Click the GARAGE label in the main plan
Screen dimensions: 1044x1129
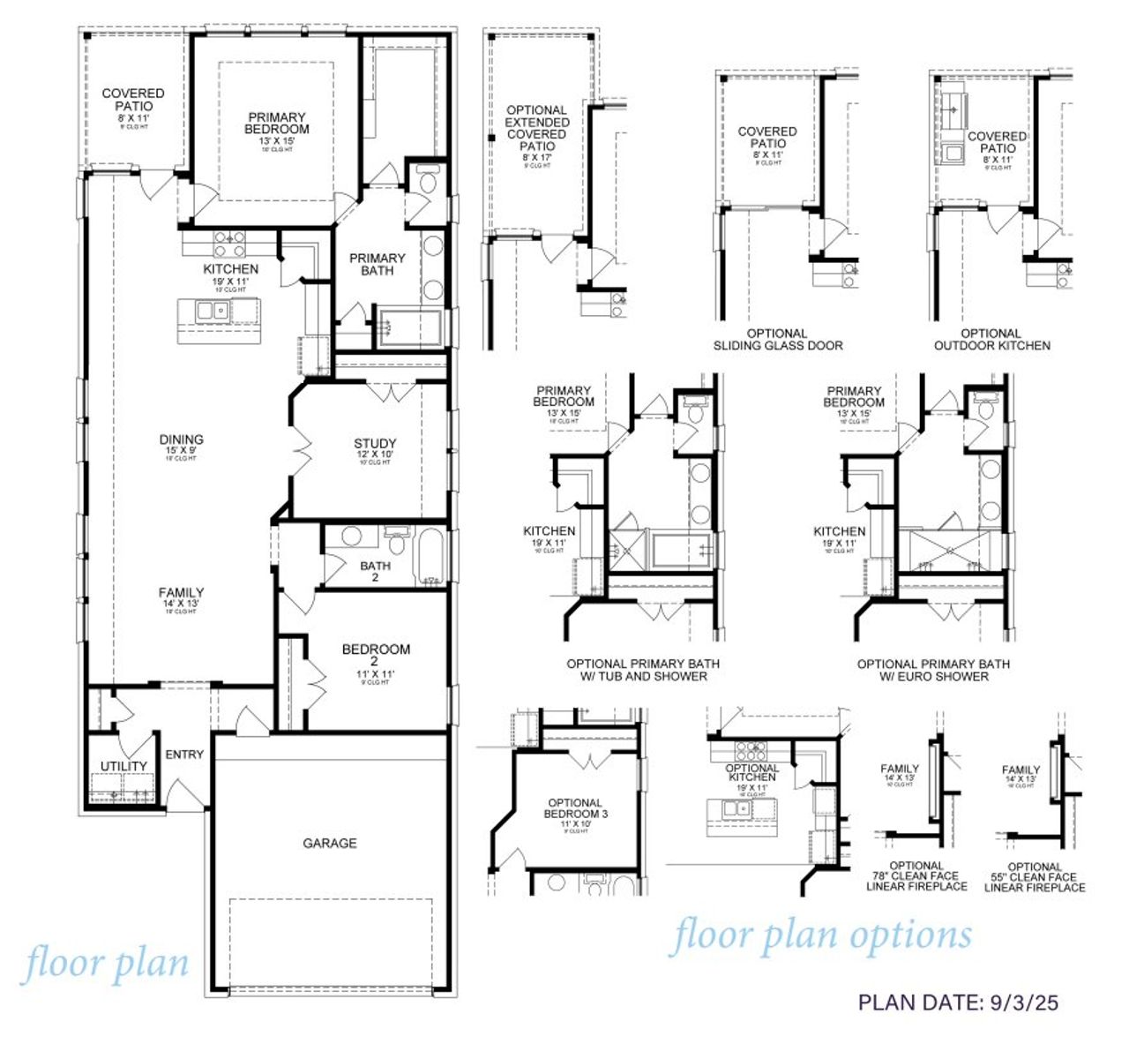click(330, 843)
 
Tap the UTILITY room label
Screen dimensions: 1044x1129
click(123, 765)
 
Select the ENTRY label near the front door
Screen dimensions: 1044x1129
click(184, 755)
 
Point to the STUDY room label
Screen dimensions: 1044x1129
click(375, 444)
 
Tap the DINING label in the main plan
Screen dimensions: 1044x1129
click(182, 439)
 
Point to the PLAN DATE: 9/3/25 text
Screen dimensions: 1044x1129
click(958, 1002)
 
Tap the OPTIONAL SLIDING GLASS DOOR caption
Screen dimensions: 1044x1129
click(778, 340)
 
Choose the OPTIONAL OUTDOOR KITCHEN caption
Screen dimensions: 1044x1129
click(992, 340)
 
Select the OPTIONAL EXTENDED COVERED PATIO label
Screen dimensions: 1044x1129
click(537, 128)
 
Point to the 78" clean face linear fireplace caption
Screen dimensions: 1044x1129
click(916, 875)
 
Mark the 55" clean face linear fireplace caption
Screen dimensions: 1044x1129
click(1035, 876)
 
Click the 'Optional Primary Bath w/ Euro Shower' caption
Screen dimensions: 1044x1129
click(933, 670)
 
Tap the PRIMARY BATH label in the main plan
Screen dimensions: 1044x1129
click(378, 264)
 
